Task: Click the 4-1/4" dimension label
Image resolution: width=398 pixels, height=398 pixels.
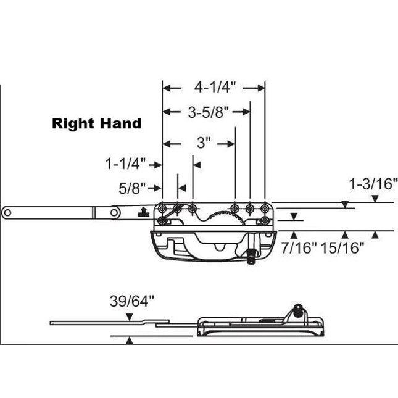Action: tap(213, 88)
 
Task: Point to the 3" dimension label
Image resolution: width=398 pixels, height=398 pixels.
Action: tap(204, 143)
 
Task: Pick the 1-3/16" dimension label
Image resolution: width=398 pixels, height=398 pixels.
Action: tap(373, 183)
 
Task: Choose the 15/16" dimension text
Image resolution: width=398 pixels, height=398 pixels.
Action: tap(342, 248)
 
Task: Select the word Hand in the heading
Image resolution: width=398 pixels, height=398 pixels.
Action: tap(122, 123)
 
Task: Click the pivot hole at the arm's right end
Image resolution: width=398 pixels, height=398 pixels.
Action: tap(115, 212)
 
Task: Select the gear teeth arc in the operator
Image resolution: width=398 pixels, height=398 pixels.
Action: tap(223, 216)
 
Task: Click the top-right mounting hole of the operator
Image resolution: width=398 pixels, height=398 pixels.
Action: tap(265, 207)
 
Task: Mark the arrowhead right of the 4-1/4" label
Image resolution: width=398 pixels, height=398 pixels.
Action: tap(260, 88)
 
